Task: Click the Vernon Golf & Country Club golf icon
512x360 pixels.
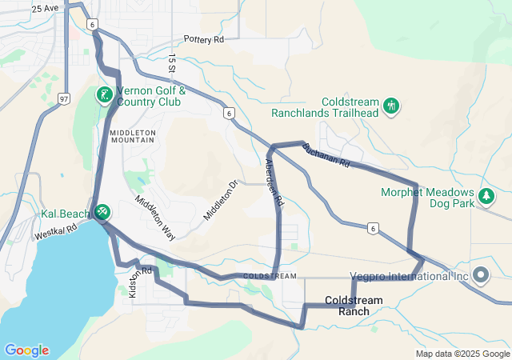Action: (104, 95)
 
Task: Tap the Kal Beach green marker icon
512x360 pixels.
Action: (102, 212)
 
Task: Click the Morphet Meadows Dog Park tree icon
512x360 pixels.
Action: (485, 196)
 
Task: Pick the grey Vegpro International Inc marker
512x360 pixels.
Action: (481, 276)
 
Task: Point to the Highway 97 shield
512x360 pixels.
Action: (63, 98)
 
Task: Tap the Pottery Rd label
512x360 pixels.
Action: (203, 38)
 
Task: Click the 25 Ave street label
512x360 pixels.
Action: (46, 9)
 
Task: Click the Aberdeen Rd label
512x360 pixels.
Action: (274, 183)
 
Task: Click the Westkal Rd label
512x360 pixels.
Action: (55, 232)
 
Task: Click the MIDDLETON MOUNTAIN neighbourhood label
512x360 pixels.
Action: (133, 135)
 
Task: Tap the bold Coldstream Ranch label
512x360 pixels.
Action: (354, 305)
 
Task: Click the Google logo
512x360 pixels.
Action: (26, 350)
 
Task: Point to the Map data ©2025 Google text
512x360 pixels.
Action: (462, 354)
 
